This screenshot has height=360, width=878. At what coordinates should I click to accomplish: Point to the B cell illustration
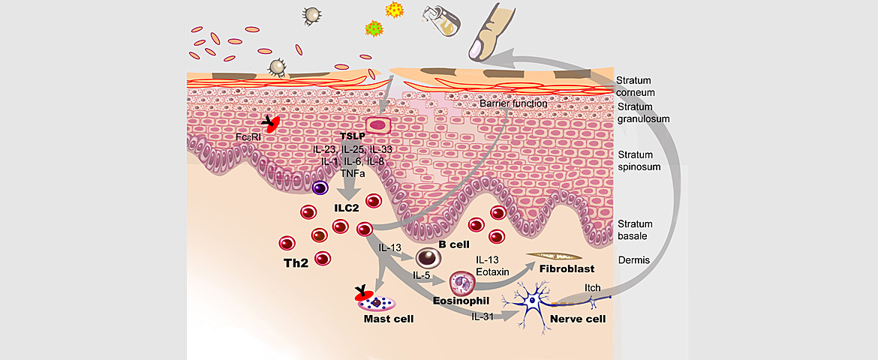tap(428, 259)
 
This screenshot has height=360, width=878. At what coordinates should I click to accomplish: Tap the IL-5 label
tap(421, 274)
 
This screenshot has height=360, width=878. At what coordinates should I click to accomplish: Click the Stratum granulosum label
tap(642, 112)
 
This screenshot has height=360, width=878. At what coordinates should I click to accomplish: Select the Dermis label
tap(632, 260)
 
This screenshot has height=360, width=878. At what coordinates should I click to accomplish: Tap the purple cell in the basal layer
tap(322, 190)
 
